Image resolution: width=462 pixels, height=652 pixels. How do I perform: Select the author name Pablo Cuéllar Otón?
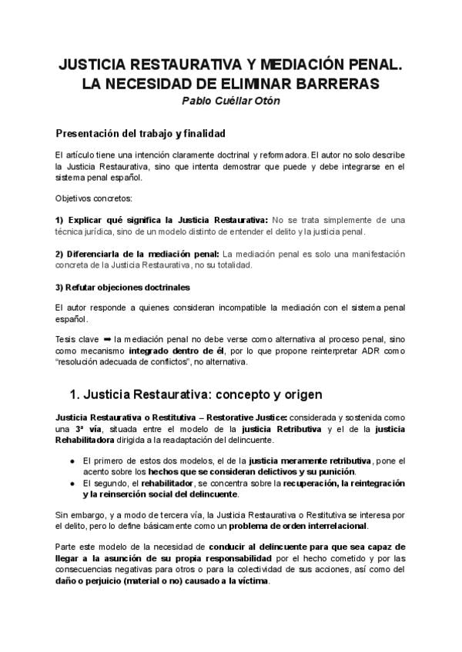(230, 100)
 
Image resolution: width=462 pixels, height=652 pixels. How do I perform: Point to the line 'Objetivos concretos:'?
(88, 198)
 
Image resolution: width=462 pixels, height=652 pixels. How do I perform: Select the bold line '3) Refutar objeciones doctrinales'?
(123, 288)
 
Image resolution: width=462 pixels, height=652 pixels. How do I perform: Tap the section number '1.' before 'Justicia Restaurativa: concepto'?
(75, 395)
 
